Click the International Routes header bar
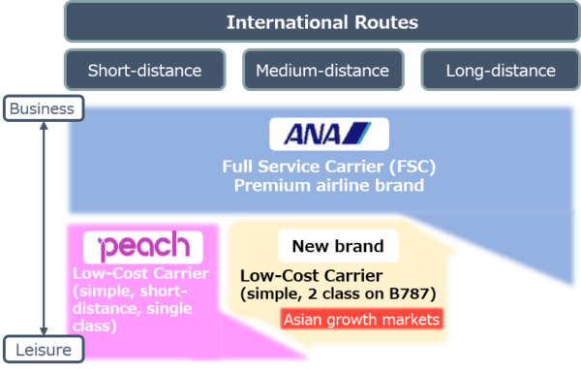point(322,21)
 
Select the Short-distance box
point(144,70)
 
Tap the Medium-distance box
point(322,70)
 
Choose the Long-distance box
point(501,70)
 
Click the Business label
point(41,109)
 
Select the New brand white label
point(331,246)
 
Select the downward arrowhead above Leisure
point(41,329)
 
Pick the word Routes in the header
point(384,21)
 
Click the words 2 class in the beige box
point(327,292)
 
